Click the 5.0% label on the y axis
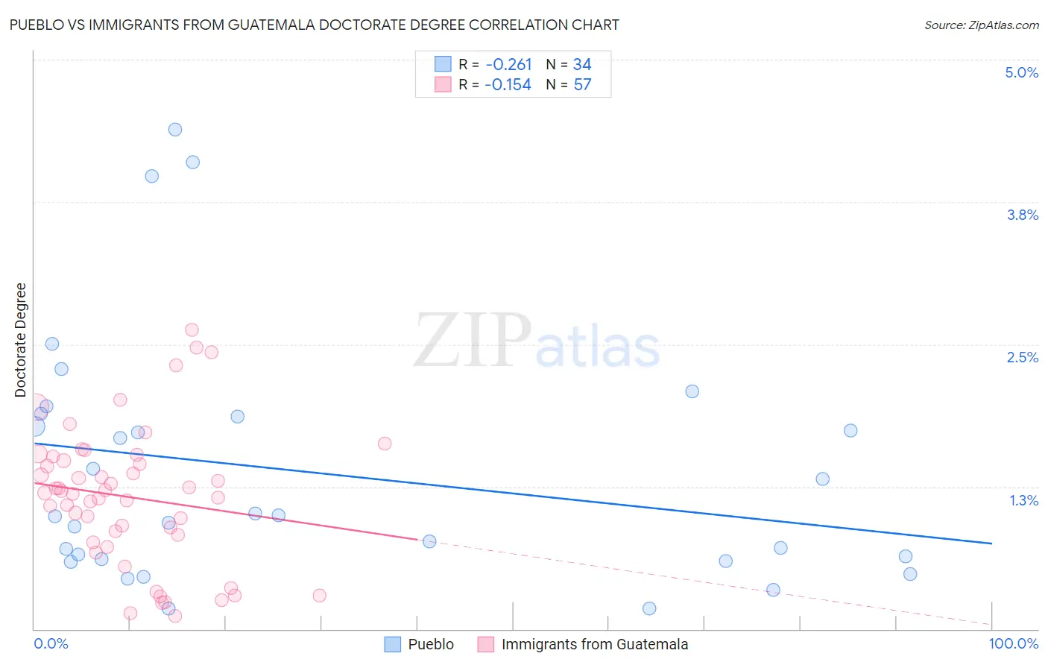[x=1021, y=72]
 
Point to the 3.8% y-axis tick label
[x=1022, y=215]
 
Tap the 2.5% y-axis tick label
[x=1022, y=357]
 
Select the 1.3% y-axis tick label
[x=1023, y=500]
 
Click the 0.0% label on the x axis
[x=51, y=643]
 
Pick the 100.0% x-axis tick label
[x=1013, y=643]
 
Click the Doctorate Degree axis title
[x=21, y=340]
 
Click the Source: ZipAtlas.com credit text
[x=981, y=25]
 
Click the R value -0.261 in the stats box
[x=508, y=65]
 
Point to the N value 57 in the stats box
[x=582, y=85]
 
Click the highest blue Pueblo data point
[x=175, y=130]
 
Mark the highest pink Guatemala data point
[x=192, y=330]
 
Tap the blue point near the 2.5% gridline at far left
[x=52, y=344]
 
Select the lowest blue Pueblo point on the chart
[x=649, y=608]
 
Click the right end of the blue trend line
[x=991, y=543]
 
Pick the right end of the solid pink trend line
[x=417, y=538]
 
